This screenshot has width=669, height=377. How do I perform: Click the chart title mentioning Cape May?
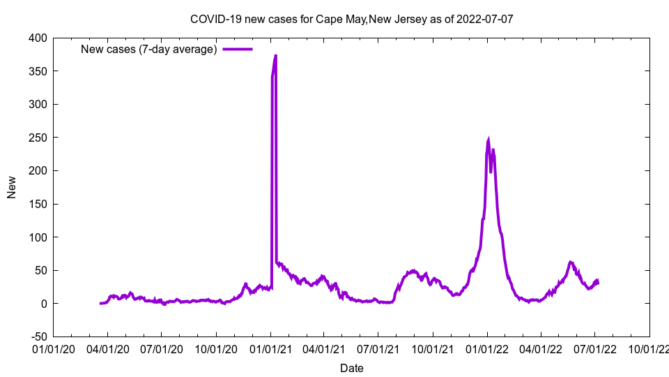click(352, 19)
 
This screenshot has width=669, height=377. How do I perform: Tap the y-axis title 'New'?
click(12, 187)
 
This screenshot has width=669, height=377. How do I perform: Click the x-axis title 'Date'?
click(352, 368)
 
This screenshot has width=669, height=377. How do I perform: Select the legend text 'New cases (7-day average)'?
click(149, 50)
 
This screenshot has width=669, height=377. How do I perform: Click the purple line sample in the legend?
click(237, 50)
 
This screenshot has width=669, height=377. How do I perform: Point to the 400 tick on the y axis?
click(38, 38)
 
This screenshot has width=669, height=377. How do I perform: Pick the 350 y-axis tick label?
click(38, 71)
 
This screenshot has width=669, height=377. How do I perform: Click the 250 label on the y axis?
click(38, 138)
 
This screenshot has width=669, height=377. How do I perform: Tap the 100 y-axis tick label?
click(38, 237)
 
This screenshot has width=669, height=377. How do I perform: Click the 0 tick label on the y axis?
click(44, 304)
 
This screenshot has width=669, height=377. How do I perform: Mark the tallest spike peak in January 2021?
click(276, 55)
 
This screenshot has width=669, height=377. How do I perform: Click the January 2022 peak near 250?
click(489, 139)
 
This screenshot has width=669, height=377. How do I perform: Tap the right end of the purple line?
click(598, 282)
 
